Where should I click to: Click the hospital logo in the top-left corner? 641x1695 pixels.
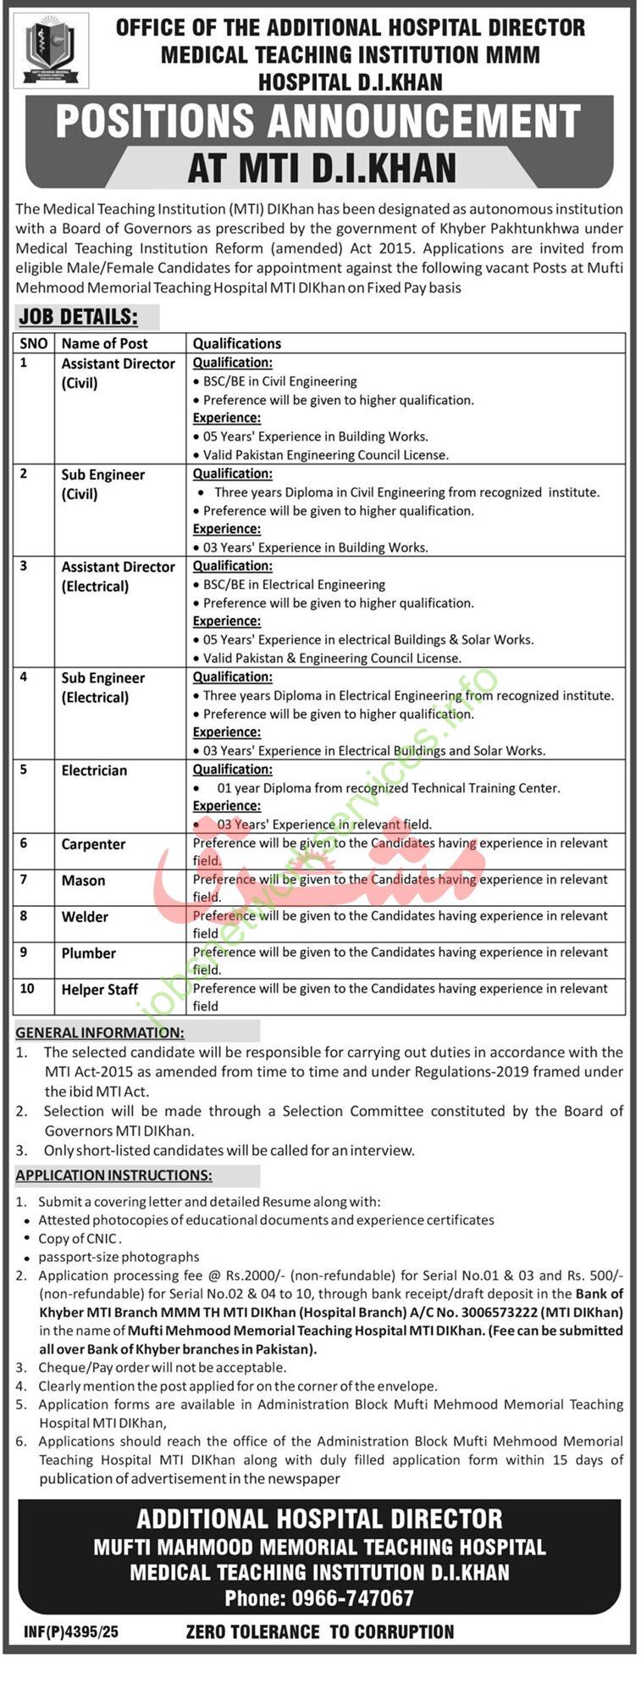point(56,53)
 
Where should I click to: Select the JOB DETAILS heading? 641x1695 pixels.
point(78,317)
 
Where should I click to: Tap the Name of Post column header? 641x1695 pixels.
point(104,343)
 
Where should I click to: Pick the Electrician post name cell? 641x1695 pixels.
point(94,770)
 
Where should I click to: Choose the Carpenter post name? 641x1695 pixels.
point(93,844)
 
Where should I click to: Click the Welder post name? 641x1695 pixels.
point(85,917)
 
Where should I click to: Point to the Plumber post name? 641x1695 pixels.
point(88,953)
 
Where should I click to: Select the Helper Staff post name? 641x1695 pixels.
point(99,990)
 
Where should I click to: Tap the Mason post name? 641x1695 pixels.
point(83,881)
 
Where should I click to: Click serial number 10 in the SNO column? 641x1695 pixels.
point(27,988)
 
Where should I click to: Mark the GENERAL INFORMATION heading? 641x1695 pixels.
point(100,1032)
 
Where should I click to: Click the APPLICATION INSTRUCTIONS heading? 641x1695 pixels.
point(113,1175)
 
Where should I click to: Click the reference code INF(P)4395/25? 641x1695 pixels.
point(71,1631)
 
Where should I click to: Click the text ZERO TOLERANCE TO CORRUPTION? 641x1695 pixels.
point(320,1631)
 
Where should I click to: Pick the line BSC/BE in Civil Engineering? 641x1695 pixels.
point(279,381)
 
